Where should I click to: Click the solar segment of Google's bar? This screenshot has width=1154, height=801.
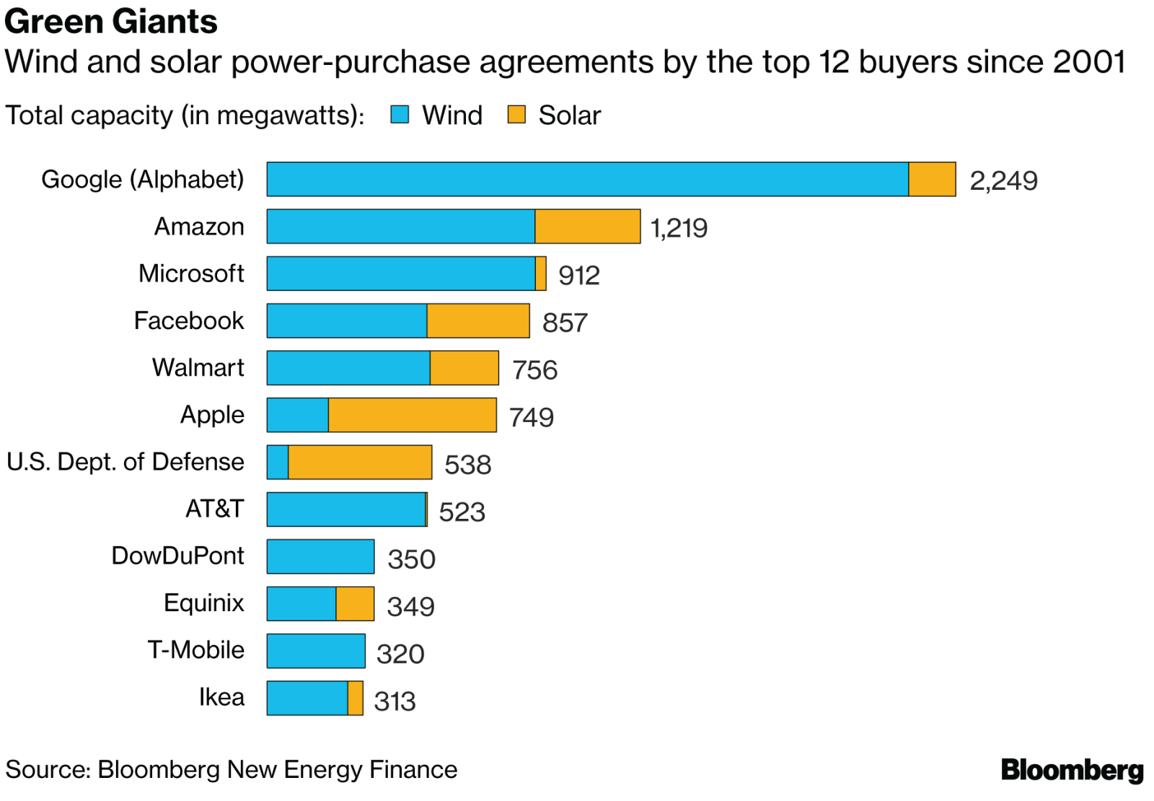click(x=932, y=180)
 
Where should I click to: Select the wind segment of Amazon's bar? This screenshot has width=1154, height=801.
click(x=401, y=227)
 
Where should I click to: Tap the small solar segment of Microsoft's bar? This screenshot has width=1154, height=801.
click(x=541, y=274)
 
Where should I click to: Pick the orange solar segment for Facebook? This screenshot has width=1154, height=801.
click(x=478, y=321)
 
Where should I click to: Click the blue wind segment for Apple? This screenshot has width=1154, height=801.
click(x=298, y=415)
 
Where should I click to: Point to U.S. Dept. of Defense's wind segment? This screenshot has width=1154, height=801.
click(x=278, y=463)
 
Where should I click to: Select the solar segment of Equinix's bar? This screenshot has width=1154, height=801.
click(x=355, y=604)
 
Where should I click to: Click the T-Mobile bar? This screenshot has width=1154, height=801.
click(x=316, y=651)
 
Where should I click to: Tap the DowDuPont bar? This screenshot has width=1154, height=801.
click(x=320, y=556)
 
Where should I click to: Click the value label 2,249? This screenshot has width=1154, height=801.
click(x=1003, y=180)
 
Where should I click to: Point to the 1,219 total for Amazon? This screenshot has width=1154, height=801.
click(x=679, y=228)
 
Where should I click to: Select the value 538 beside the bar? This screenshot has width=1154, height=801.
click(x=467, y=465)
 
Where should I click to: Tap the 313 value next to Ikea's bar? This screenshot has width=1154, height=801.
click(x=395, y=701)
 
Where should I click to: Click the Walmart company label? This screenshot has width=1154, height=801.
click(x=198, y=368)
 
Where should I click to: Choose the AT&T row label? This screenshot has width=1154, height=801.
click(x=215, y=509)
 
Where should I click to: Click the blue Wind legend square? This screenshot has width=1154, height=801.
click(x=400, y=115)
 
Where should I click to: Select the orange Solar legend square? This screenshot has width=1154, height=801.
click(x=516, y=115)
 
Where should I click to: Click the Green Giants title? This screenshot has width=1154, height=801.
click(x=111, y=22)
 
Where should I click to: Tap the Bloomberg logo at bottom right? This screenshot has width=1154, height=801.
click(x=1072, y=770)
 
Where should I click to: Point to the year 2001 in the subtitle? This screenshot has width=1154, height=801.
click(x=1088, y=62)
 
